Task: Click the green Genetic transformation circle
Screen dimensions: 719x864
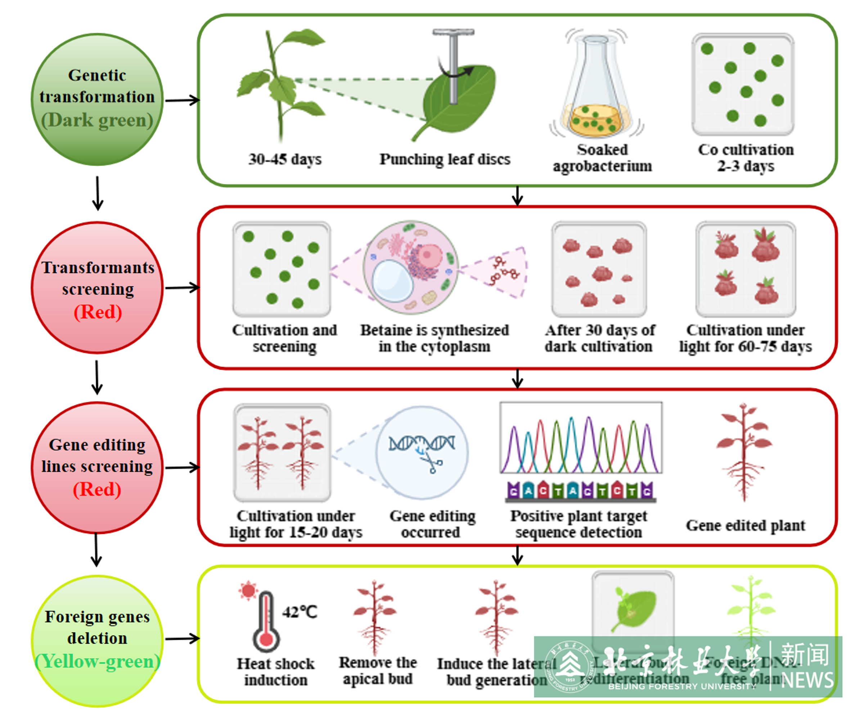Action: pos(97,100)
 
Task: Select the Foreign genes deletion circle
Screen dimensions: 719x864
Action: pos(97,641)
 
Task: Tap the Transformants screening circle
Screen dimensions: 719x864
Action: pos(97,288)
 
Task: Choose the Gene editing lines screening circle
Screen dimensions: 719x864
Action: pos(97,468)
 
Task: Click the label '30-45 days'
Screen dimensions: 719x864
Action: pos(285,159)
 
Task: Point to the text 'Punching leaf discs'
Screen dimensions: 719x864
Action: pos(445,159)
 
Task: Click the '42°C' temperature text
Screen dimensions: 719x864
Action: pos(300,612)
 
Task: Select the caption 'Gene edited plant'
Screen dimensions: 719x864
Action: pos(745,526)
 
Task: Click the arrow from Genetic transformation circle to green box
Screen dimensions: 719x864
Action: pos(182,100)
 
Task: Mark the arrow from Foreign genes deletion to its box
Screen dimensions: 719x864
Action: pos(182,639)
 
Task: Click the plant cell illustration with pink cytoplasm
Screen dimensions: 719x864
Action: pos(411,268)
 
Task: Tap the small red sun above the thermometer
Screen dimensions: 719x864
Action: pos(248,590)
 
